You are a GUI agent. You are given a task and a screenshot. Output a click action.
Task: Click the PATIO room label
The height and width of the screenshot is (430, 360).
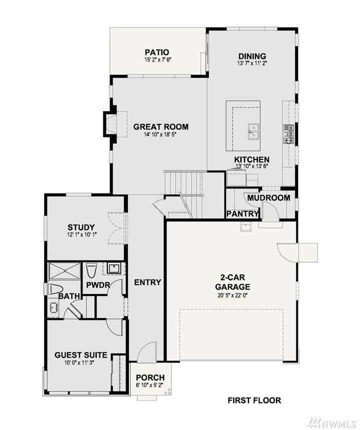[x=156, y=52]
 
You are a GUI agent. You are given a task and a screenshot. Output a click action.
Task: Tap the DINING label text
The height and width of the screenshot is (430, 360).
[x=251, y=56]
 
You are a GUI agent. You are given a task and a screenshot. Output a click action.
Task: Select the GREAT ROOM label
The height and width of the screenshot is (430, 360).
[x=160, y=127]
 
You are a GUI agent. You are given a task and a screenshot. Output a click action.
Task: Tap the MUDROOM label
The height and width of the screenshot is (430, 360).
[x=268, y=198]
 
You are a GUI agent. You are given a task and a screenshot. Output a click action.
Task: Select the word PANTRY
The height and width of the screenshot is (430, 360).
[x=242, y=214]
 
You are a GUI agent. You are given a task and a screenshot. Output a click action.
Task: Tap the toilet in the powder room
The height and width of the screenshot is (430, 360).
[x=91, y=271]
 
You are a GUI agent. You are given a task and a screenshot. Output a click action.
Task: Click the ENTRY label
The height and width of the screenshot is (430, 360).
[x=147, y=282]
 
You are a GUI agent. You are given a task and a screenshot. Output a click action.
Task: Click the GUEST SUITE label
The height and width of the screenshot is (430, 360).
[x=80, y=355]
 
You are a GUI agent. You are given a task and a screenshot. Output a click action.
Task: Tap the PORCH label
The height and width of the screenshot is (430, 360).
[x=150, y=378]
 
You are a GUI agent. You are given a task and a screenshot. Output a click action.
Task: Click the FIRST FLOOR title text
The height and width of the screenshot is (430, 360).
[x=254, y=400]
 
